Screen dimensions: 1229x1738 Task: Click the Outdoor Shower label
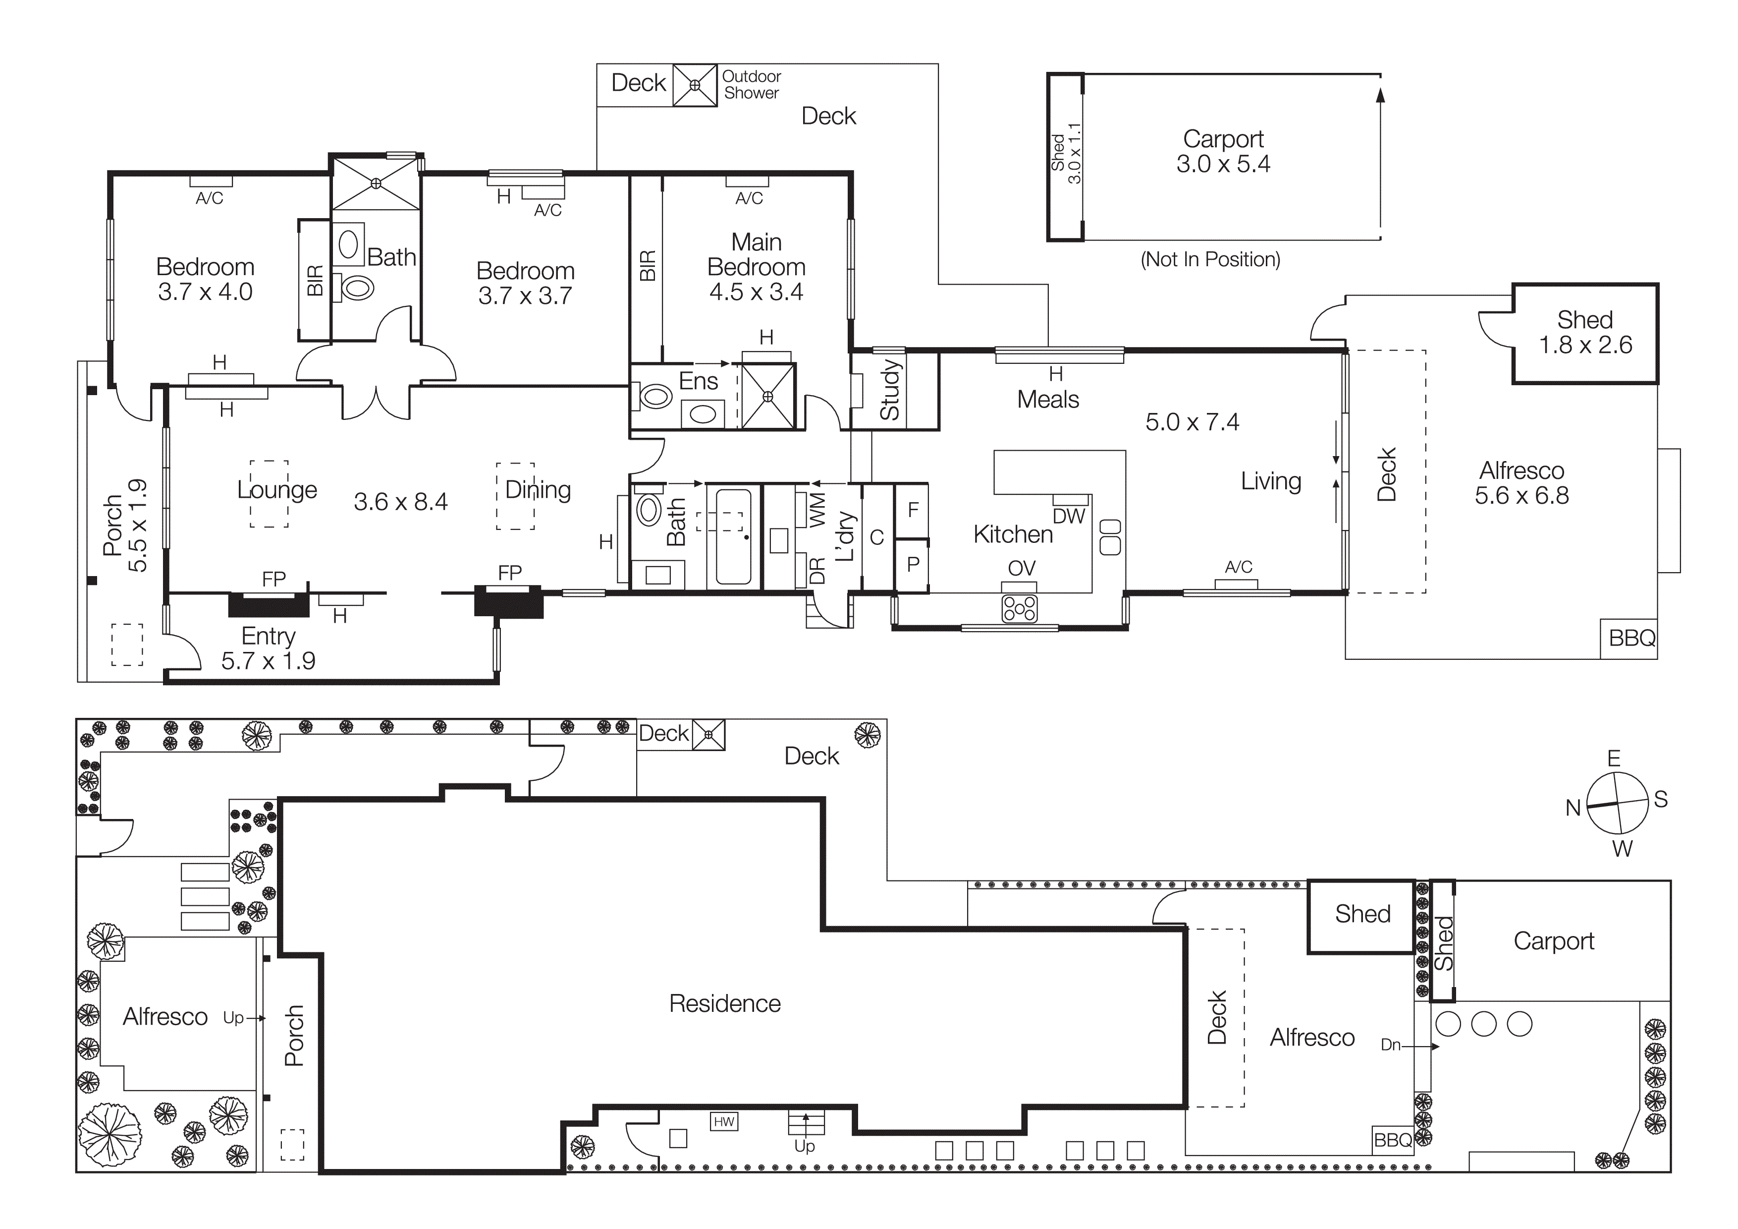click(x=751, y=85)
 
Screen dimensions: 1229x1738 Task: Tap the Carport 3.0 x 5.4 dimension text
click(x=1223, y=164)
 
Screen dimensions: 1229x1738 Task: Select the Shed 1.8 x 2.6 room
click(x=1585, y=333)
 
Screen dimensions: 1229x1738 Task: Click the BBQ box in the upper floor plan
click(x=1631, y=639)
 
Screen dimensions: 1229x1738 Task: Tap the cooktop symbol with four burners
click(x=1019, y=608)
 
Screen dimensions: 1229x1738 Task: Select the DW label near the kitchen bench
click(x=1069, y=517)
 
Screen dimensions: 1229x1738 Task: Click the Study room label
click(x=890, y=391)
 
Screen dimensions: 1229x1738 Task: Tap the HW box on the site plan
click(x=724, y=1121)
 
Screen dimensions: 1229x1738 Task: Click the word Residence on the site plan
click(x=724, y=1003)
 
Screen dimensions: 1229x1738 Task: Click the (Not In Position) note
click(x=1210, y=260)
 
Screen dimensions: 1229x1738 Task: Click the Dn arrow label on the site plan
click(x=1391, y=1045)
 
